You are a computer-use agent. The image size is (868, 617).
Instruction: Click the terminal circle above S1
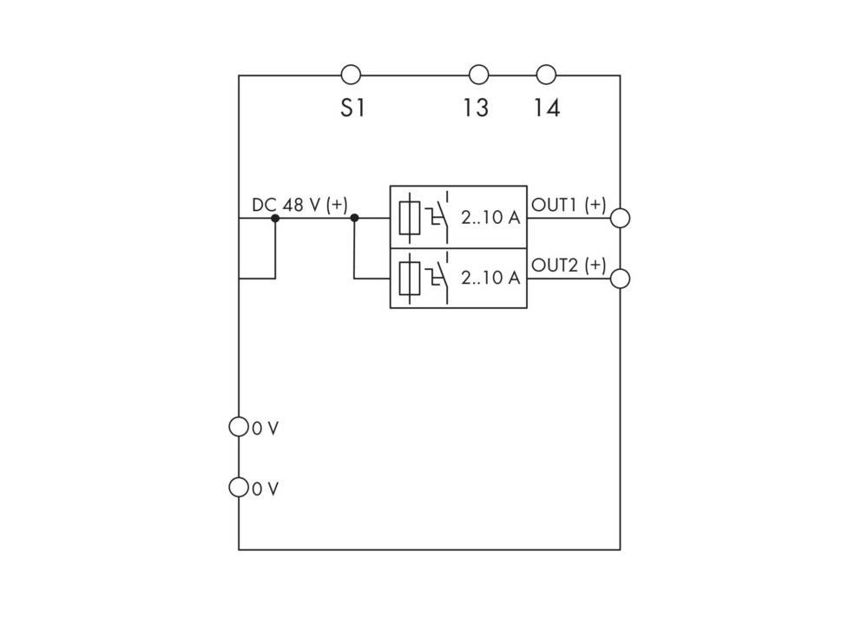[x=351, y=74]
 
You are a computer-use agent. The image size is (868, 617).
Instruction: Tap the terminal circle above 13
[x=479, y=74]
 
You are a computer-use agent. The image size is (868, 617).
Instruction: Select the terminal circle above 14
[x=546, y=74]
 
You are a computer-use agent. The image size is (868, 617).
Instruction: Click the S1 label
[x=353, y=108]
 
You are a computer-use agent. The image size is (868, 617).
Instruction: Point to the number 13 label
[x=476, y=108]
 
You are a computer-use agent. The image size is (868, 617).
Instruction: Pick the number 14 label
[x=547, y=108]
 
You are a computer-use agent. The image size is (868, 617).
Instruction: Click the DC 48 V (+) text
[x=299, y=205]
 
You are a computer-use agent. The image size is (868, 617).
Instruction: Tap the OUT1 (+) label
[x=569, y=205]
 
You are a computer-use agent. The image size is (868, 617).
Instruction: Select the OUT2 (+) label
[x=569, y=265]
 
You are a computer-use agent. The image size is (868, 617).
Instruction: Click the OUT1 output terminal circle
[x=620, y=218]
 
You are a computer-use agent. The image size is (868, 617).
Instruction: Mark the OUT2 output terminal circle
[x=620, y=279]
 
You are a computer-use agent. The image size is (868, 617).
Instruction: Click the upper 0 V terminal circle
[x=239, y=427]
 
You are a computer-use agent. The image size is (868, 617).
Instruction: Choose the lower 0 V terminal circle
[x=239, y=487]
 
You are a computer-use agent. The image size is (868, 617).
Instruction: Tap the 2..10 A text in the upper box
[x=490, y=218]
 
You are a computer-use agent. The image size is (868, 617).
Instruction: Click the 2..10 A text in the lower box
[x=490, y=278]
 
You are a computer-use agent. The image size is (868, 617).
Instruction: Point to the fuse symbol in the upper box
[x=410, y=218]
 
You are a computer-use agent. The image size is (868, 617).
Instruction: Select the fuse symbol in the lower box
[x=410, y=279]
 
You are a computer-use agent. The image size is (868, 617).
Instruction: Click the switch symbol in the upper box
[x=437, y=217]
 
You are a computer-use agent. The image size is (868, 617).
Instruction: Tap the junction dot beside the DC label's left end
[x=275, y=218]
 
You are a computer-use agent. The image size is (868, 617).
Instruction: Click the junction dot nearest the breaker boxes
[x=354, y=218]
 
